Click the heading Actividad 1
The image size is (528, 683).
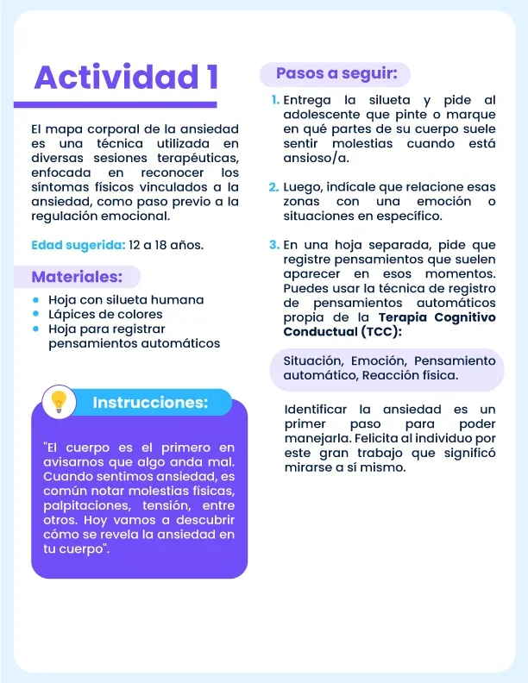[x=125, y=78]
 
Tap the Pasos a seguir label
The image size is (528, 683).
[x=336, y=74]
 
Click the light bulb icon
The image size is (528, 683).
[x=59, y=401]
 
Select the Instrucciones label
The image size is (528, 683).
[x=150, y=403]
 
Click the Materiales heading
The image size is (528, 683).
[x=77, y=277]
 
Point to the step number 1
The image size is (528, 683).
[x=273, y=101]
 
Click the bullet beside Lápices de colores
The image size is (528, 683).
[x=35, y=314]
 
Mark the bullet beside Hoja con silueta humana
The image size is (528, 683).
[x=35, y=300]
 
